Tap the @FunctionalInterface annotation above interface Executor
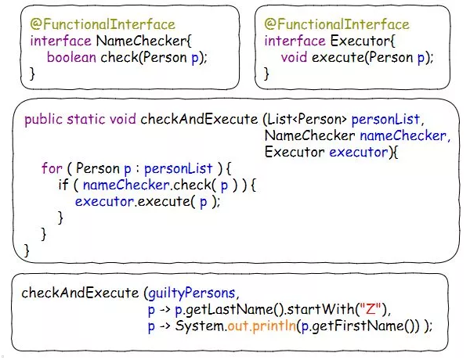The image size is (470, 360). click(337, 24)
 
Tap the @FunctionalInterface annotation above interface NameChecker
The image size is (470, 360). click(103, 24)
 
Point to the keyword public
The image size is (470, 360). click(43, 120)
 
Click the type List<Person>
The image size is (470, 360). click(307, 120)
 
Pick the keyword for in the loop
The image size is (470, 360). click(51, 169)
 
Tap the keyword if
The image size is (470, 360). click(63, 185)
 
